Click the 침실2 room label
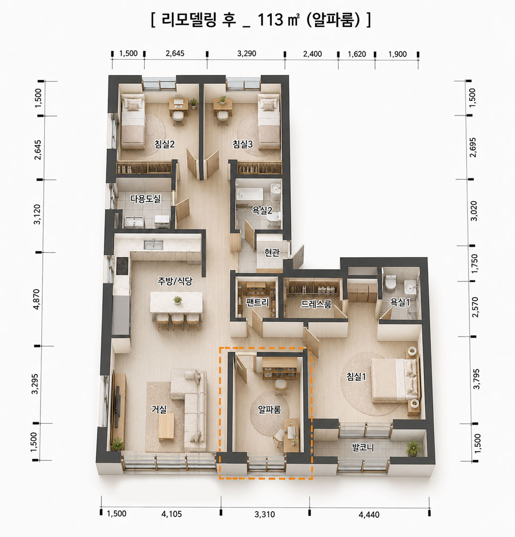(165, 144)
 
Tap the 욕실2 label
(262, 210)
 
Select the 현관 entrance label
(272, 252)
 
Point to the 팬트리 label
(257, 302)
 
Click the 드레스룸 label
(316, 304)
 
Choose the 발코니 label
(363, 447)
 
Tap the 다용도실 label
(145, 198)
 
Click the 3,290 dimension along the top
(247, 53)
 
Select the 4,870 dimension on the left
(36, 299)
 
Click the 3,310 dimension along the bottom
(265, 514)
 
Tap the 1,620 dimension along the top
(357, 54)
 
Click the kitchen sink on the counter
(154, 244)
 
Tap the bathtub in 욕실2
(249, 195)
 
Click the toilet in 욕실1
(390, 283)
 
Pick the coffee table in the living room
(166, 426)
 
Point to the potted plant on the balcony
(413, 448)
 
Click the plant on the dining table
(178, 300)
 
